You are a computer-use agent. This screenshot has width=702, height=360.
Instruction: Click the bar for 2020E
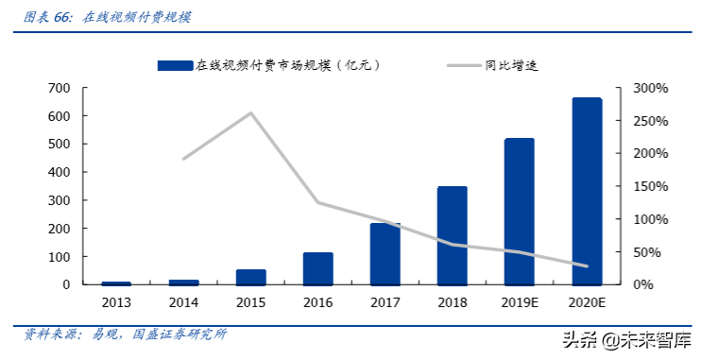587,191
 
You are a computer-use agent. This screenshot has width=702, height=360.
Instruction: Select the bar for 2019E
520,212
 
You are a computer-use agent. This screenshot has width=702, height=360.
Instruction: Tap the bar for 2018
452,235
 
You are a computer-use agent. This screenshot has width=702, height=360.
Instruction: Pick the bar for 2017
385,254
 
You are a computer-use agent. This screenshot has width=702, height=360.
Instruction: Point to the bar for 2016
317,268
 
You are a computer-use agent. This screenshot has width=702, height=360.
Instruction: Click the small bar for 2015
250,277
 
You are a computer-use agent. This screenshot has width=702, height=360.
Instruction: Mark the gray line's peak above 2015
250,113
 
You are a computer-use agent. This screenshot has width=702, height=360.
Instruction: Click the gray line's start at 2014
183,159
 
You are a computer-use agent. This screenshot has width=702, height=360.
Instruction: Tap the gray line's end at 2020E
587,266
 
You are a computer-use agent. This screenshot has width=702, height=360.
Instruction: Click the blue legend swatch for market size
175,65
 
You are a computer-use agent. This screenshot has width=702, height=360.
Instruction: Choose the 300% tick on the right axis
650,88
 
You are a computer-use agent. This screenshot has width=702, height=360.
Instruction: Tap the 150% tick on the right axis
650,186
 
